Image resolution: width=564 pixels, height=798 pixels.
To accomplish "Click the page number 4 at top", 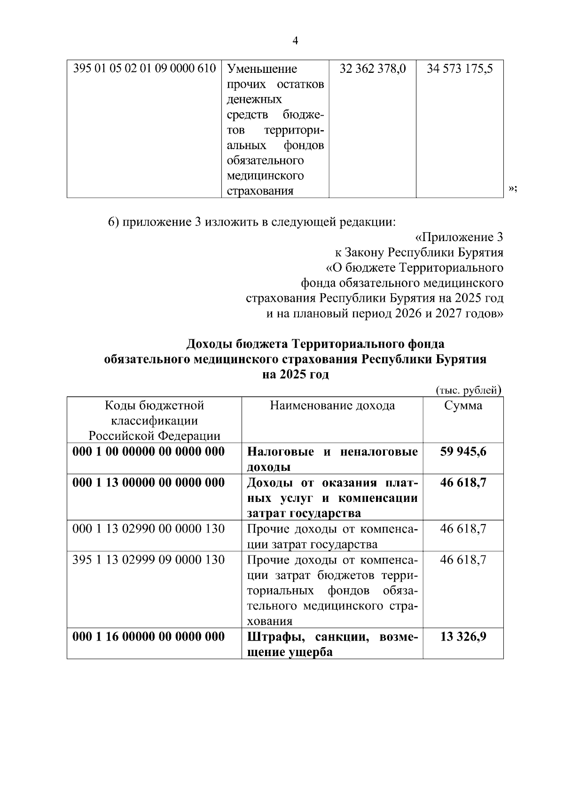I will click(295, 41).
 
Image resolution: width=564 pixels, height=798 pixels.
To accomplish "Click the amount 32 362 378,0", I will click(373, 69).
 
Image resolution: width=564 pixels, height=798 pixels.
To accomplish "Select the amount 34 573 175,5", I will click(460, 69).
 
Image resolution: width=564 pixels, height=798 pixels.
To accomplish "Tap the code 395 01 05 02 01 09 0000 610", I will click(145, 69).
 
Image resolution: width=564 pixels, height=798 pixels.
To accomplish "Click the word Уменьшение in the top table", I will click(262, 69).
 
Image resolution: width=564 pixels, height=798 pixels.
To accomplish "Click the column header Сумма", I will click(463, 406).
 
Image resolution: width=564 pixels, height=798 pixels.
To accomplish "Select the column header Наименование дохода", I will click(332, 406).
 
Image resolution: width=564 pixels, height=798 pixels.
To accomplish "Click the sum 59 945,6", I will click(463, 452).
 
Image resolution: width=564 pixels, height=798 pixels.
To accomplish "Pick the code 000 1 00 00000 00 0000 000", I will click(149, 452).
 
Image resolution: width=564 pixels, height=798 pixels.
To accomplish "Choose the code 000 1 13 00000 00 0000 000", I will click(149, 483).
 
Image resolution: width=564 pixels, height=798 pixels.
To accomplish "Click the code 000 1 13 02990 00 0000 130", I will click(149, 529).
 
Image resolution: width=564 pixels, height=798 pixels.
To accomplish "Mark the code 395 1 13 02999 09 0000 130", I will click(149, 560).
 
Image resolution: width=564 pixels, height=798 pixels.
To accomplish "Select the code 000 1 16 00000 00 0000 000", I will click(149, 637).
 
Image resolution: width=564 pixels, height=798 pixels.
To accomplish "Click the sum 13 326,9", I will click(463, 637).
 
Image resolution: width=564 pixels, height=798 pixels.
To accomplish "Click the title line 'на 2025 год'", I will click(295, 375).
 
